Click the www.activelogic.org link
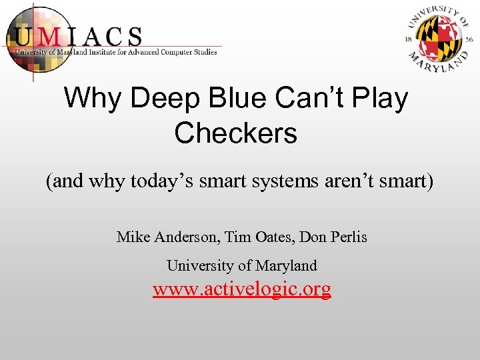pyautogui.click(x=241, y=289)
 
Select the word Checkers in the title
pyautogui.click(x=235, y=133)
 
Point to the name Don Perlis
pyautogui.click(x=333, y=237)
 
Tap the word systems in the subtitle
pyautogui.click(x=293, y=181)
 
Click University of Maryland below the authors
pyautogui.click(x=241, y=265)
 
